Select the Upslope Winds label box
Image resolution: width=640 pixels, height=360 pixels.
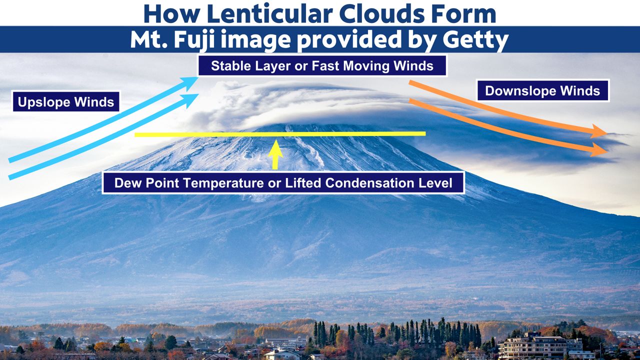click(x=66, y=101)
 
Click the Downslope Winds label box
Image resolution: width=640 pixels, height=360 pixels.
click(x=542, y=91)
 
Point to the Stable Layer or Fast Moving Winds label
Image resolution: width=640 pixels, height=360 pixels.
click(x=322, y=66)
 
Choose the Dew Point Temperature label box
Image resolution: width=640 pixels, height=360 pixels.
click(x=283, y=183)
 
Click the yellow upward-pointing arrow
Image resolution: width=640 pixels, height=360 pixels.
click(x=275, y=154)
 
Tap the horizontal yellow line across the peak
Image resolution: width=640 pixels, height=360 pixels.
click(x=280, y=133)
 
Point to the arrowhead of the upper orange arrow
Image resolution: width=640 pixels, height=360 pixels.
click(x=598, y=131)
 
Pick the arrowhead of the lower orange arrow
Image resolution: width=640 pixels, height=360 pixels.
click(x=598, y=149)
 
